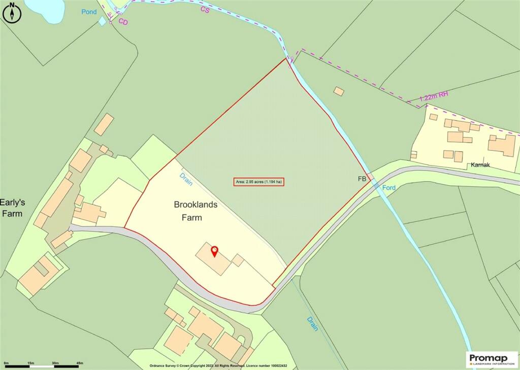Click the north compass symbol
coord(11,12)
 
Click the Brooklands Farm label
coord(196,211)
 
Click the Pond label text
coord(89,12)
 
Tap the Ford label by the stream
coord(389,188)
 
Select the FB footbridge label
coord(362,179)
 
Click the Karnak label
coord(480,165)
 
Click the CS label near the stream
coord(205,9)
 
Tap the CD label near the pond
coord(123,21)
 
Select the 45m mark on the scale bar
coord(79,363)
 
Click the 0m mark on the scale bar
coord(6,363)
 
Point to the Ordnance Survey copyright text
coord(218,365)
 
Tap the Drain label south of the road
coord(312,324)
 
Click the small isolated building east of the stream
coord(339,91)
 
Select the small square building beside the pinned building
coord(238,260)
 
